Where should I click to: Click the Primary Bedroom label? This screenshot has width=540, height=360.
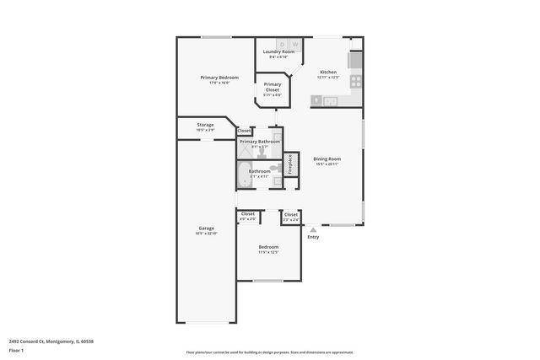point(215,78)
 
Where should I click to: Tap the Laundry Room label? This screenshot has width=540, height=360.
point(278,52)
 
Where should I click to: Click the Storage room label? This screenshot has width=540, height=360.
point(205,125)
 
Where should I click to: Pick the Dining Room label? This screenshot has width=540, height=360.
point(327,159)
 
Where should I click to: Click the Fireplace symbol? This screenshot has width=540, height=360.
point(290,162)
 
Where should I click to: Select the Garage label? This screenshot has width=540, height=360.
point(206,228)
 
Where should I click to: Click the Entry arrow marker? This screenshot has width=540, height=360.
point(314,228)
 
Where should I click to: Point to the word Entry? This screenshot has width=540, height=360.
point(314,237)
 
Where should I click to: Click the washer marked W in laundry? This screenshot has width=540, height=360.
point(295,44)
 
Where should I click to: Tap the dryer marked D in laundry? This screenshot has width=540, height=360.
point(282,44)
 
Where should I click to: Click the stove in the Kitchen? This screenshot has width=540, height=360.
point(356,81)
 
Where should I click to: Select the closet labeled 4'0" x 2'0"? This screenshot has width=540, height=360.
point(248,216)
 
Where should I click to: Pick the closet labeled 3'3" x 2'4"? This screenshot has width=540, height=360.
point(291,216)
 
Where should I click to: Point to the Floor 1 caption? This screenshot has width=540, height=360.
point(16,349)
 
